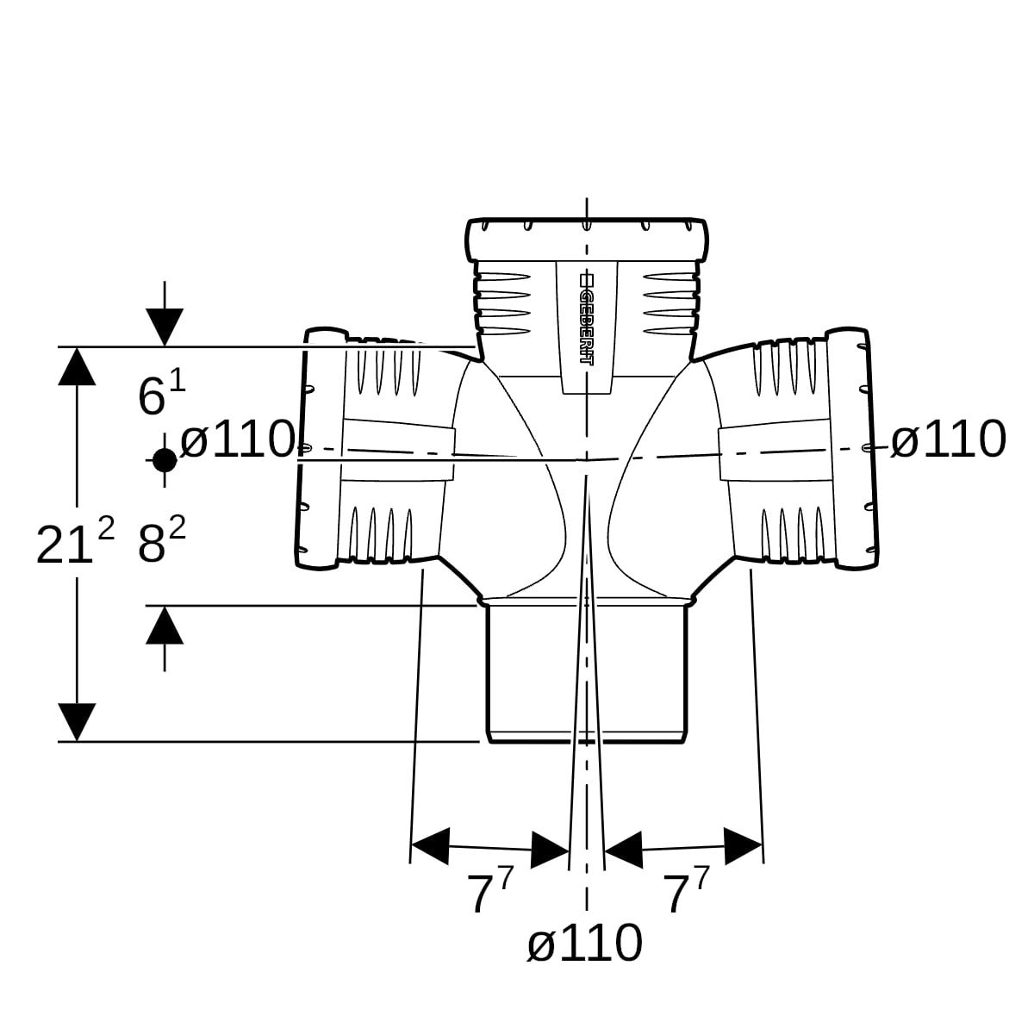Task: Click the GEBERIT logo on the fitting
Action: [x=586, y=321]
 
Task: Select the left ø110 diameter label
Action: [x=237, y=439]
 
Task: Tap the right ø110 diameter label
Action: [x=948, y=439]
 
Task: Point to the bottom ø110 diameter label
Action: [x=585, y=943]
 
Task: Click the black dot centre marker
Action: [x=165, y=460]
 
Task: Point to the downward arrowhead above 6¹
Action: [x=165, y=327]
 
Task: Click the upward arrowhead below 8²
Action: [x=165, y=625]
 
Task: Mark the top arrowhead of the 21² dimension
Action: [x=78, y=366]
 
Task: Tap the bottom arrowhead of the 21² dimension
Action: [x=78, y=722]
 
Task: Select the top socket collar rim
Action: [x=586, y=240]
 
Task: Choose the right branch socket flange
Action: [x=852, y=448]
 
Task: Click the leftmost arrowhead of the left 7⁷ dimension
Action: [x=430, y=846]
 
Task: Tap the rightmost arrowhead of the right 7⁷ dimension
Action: [x=743, y=846]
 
